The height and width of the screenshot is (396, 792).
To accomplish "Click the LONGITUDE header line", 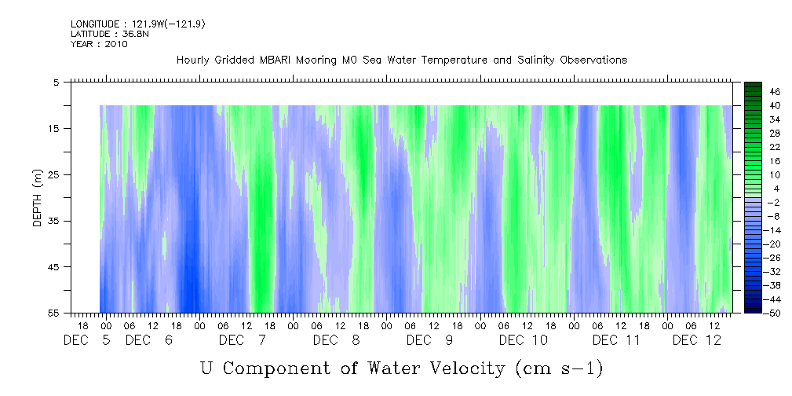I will tap(126, 24).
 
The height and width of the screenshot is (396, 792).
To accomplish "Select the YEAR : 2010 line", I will tap(99, 44).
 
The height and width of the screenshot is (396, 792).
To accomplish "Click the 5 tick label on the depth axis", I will tap(57, 82).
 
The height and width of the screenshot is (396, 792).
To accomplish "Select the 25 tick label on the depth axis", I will tap(54, 174).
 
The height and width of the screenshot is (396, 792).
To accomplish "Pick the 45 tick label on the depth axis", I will tap(54, 267).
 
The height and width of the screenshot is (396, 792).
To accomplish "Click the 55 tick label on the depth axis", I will tap(54, 313).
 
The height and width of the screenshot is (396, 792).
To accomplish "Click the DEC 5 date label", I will tap(87, 340).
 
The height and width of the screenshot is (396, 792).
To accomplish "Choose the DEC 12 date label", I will tap(697, 340).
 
